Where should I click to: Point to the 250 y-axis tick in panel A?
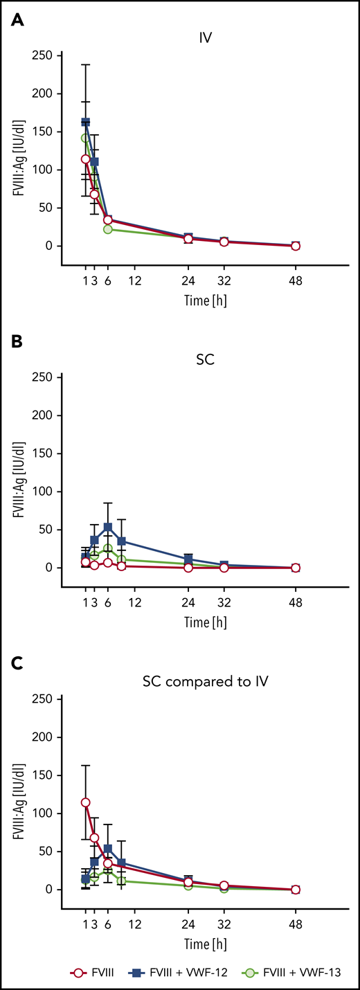[x=44, y=55]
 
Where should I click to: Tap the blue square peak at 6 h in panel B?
[x=107, y=527]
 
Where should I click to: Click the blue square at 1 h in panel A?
[x=86, y=122]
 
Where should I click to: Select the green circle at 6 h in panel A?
[x=107, y=229]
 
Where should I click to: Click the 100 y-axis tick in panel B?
[x=44, y=492]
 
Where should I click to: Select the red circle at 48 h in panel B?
[x=296, y=568]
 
